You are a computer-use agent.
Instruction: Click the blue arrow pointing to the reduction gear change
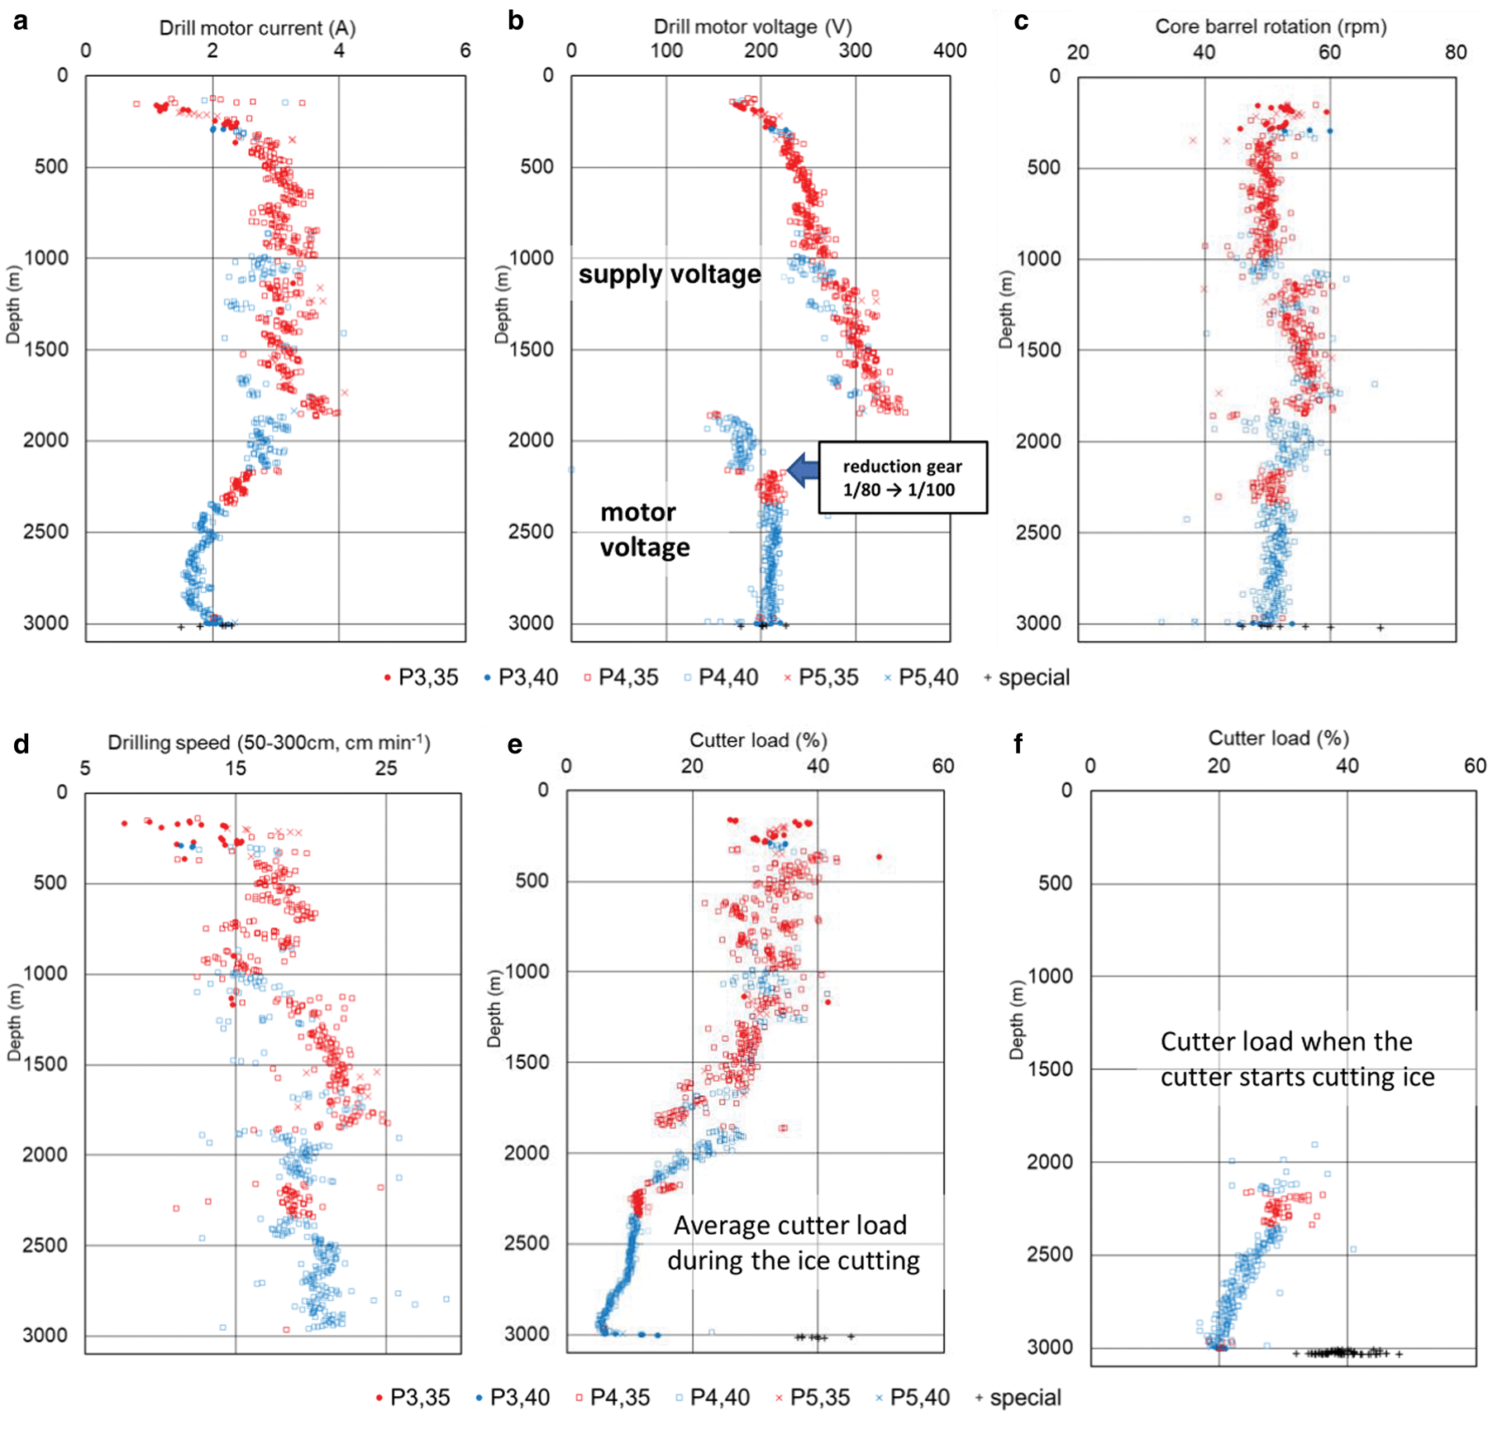pos(802,469)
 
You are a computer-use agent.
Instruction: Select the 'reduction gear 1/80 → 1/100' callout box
pos(903,477)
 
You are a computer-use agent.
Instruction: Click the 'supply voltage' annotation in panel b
pos(669,274)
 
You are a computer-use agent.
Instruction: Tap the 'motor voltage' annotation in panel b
pos(644,529)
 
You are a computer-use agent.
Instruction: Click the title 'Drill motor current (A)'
pos(257,28)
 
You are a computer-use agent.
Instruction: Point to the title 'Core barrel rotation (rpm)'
pos(1271,26)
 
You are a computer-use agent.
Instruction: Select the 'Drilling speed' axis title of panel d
pos(269,743)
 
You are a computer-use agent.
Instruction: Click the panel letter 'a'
pos(21,21)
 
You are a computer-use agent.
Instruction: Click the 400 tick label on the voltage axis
pos(950,50)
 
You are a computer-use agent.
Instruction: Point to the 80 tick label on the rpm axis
pos(1456,52)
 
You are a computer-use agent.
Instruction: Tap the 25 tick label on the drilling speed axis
pos(386,768)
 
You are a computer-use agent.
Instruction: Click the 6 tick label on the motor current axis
pos(465,50)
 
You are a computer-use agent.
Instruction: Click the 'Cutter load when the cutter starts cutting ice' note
pos(1296,1060)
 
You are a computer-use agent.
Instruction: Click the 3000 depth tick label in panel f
pos(1049,1347)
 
